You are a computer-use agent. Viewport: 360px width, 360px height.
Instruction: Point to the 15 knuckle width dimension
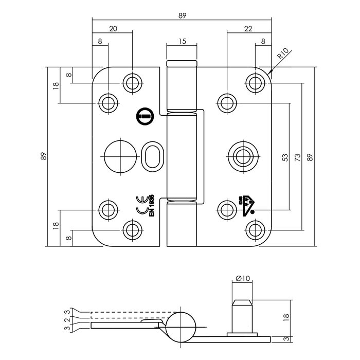[182, 41]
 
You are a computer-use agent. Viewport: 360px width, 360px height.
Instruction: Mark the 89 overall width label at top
[182, 16]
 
